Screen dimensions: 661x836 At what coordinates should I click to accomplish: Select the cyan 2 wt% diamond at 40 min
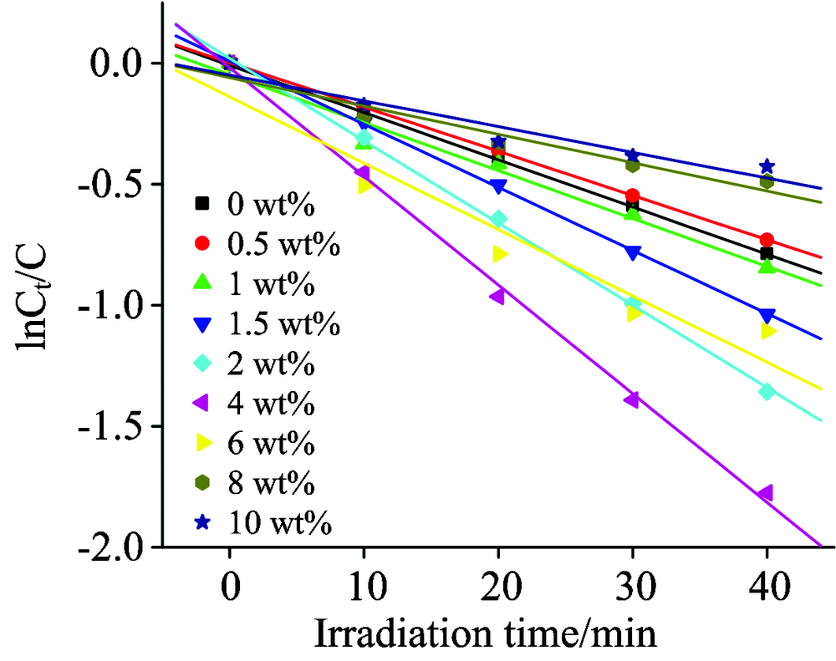767,391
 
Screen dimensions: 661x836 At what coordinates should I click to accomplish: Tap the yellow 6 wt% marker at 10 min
365,186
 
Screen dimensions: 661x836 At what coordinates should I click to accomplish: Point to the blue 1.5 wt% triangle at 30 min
633,252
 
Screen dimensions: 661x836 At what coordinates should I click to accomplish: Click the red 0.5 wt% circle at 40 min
767,240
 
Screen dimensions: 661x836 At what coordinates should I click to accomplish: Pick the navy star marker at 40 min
767,167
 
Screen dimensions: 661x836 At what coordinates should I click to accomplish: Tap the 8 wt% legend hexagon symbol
201,484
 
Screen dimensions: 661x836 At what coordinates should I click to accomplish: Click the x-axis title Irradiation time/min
485,634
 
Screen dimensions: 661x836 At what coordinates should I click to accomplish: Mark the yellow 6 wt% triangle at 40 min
767,332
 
